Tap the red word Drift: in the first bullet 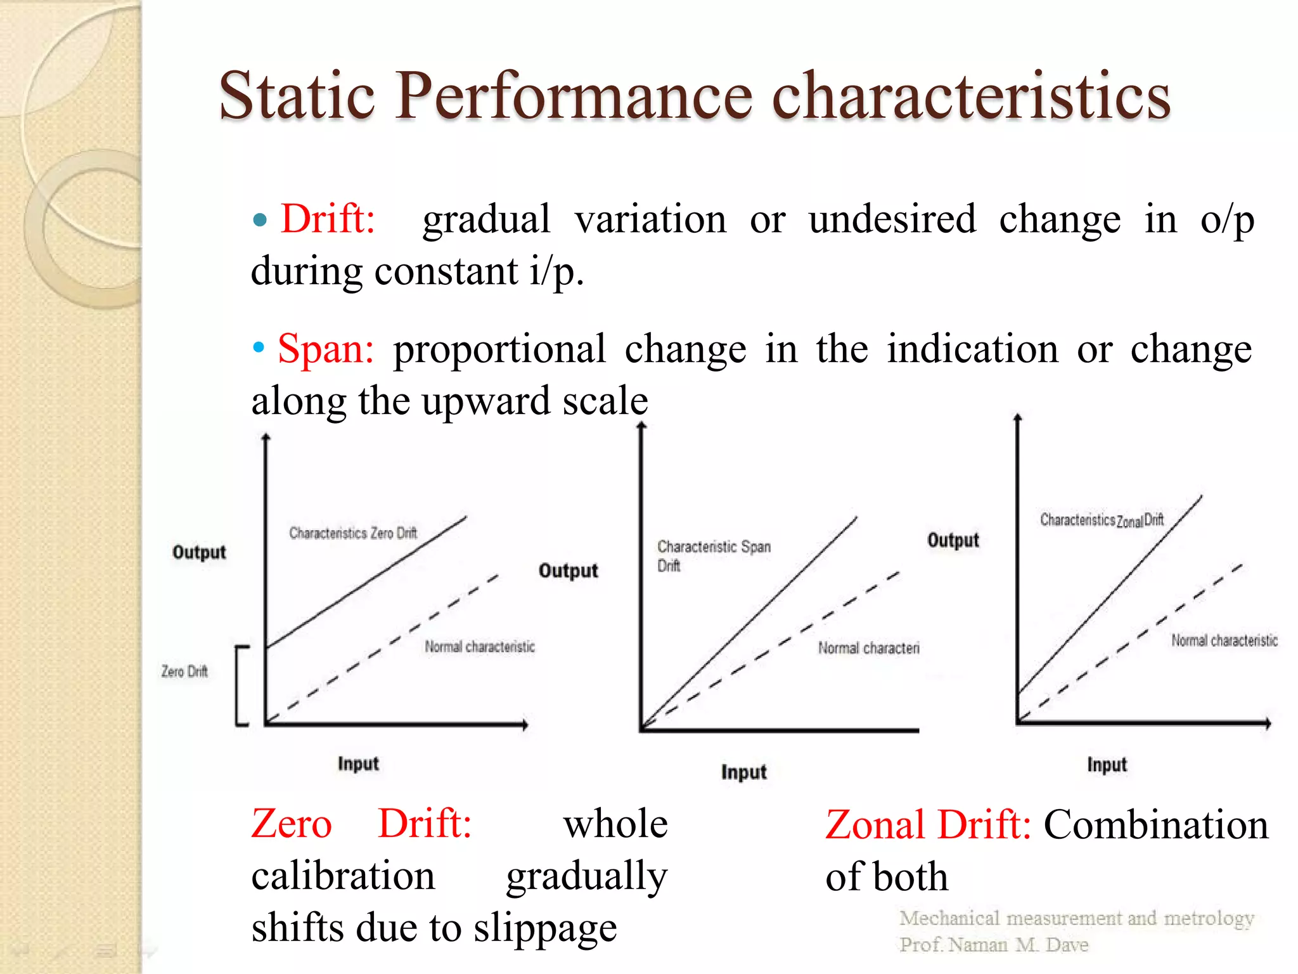coord(328,219)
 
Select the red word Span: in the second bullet coord(326,349)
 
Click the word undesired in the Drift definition coord(892,219)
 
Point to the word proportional coord(499,349)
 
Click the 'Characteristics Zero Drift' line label coord(353,533)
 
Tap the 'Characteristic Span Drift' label coord(713,555)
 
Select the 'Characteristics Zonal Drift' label coord(1102,520)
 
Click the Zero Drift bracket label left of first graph coord(184,671)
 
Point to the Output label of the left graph coord(199,552)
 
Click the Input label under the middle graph coord(743,772)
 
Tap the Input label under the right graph coord(1107,764)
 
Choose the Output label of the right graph coord(953,540)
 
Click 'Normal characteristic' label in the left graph coord(480,647)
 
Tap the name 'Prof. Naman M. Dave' coord(993,945)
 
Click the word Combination coord(1155,825)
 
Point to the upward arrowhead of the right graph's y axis coord(1017,418)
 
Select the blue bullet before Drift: coord(259,221)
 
